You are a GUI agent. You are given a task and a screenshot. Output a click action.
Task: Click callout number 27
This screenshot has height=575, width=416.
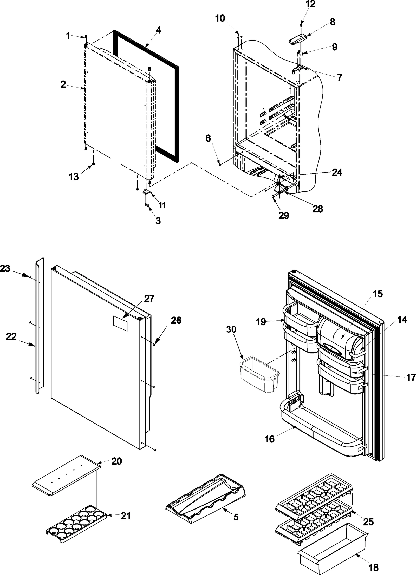[x=149, y=299]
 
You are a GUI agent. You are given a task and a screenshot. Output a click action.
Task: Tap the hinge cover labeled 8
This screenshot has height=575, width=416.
[x=297, y=39]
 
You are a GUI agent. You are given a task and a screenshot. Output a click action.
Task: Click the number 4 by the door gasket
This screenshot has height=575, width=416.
[x=158, y=30]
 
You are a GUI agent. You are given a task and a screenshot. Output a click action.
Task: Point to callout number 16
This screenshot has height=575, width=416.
[x=270, y=439]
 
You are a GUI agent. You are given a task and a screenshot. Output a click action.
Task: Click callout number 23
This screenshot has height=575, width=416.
[x=5, y=268]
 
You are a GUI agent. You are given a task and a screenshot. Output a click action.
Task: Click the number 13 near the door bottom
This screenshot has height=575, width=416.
[x=74, y=177]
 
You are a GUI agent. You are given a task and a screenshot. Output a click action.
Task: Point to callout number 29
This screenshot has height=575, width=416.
[x=284, y=215]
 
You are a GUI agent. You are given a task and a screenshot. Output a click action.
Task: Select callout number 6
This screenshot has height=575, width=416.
[x=208, y=138]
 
